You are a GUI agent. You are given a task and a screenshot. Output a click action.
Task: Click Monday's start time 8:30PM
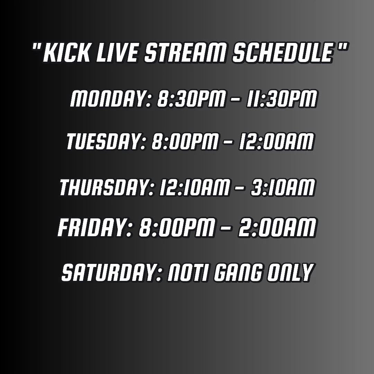click(191, 98)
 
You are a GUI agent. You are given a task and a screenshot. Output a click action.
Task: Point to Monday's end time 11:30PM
click(282, 98)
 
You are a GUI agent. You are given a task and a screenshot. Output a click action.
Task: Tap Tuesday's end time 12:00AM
click(276, 141)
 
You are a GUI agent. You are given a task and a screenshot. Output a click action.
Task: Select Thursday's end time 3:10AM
click(283, 187)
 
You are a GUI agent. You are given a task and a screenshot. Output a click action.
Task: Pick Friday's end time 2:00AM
click(277, 228)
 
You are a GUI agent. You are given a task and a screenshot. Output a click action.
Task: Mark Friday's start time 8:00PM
click(177, 228)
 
